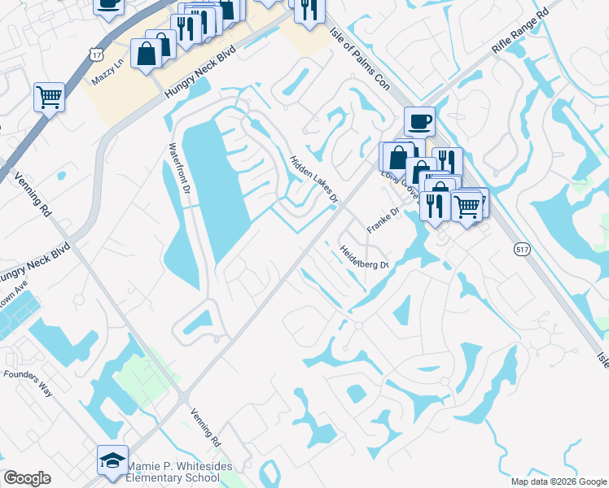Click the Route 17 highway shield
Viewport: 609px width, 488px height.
click(97, 54)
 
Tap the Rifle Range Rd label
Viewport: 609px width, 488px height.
click(521, 33)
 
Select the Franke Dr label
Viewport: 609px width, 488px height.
click(383, 220)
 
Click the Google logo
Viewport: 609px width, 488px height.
click(27, 478)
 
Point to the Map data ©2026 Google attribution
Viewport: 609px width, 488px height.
click(558, 481)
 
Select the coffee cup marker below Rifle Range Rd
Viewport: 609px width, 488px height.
click(419, 122)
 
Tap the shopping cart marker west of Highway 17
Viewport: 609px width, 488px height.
click(49, 97)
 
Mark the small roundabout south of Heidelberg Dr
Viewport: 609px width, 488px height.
click(357, 325)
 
